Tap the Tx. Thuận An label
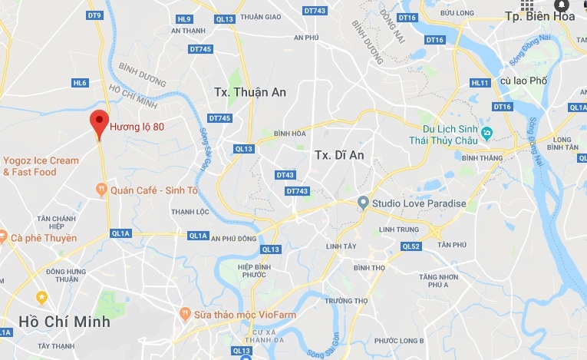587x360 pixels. tap(250, 92)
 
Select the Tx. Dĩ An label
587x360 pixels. tap(338, 155)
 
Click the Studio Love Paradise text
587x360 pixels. tap(419, 203)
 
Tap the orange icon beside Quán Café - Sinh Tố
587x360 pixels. tap(101, 189)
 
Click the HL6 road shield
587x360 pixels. tap(80, 83)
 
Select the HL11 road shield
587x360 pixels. tap(480, 83)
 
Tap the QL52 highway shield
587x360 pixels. tap(411, 246)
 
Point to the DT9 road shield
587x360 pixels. tap(94, 15)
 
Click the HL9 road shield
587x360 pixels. tap(183, 19)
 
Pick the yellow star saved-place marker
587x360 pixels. tap(41, 296)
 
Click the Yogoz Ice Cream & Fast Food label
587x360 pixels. tap(41, 166)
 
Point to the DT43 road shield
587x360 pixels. tap(285, 175)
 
